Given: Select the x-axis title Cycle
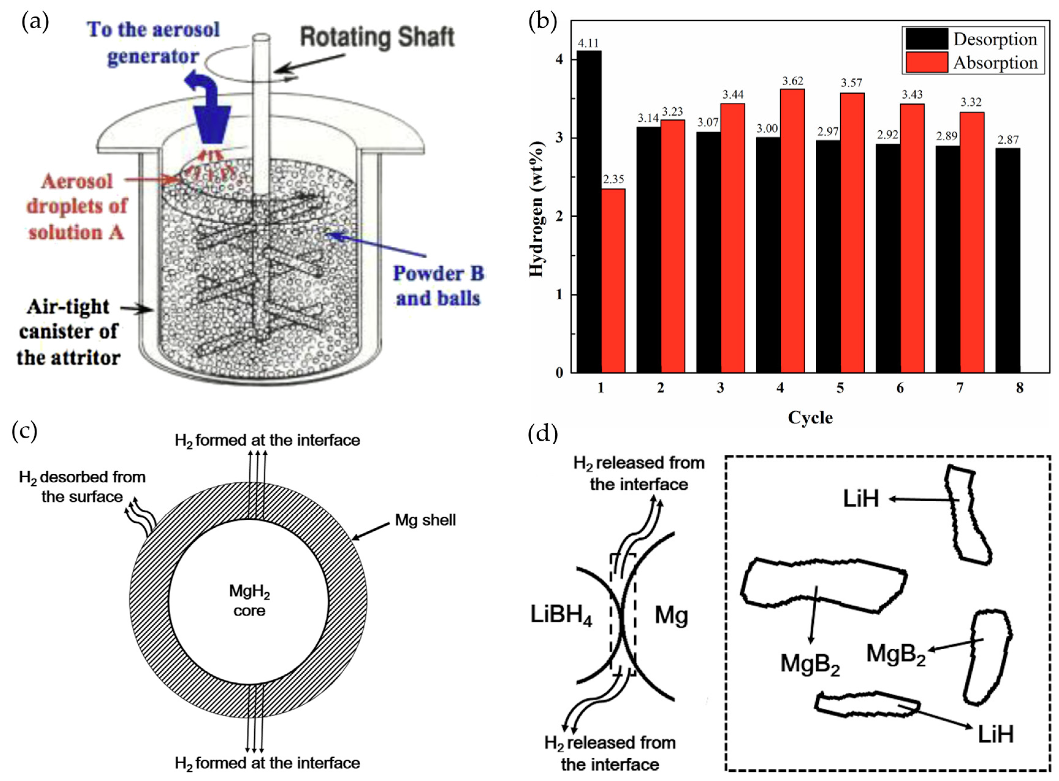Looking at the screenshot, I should pos(810,417).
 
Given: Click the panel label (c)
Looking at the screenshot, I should pos(24,431).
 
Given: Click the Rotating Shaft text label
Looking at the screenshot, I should pos(377,38).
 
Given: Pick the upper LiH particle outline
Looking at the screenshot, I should pos(967,515).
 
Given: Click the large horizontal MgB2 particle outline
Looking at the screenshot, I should pos(823,585).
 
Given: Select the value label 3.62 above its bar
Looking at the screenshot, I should pos(792,81).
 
